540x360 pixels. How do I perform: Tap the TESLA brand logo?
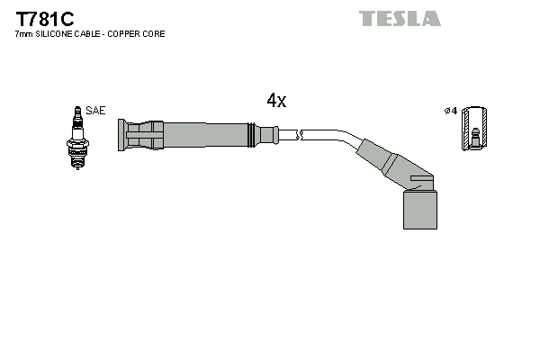400,18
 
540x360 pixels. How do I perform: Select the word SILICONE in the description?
55,34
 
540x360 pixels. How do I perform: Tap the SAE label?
96,111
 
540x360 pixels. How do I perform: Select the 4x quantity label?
276,101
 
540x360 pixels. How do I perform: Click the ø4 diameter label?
450,111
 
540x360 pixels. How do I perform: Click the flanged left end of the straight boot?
121,136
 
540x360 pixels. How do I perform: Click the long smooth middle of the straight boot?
202,136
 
